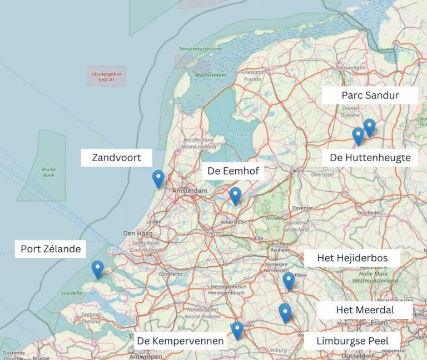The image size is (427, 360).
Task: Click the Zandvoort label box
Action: pos(116,158)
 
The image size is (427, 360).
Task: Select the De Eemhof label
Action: pos(233,171)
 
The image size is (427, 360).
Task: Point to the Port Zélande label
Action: pos(51,249)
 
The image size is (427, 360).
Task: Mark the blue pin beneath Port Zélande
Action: pos(97,269)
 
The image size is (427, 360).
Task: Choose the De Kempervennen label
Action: pos(180,341)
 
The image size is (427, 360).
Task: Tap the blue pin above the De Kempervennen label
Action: pos(237,330)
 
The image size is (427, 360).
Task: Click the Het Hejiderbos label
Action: pos(351,258)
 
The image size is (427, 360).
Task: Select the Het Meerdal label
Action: pos(365,310)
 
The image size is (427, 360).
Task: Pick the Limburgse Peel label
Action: pos(352,341)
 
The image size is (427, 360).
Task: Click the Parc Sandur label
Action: pos(370,95)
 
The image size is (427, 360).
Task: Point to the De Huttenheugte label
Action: pos(370,158)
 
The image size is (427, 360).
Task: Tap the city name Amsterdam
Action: pos(190,191)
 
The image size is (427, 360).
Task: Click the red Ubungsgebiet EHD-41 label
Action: pos(106,77)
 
